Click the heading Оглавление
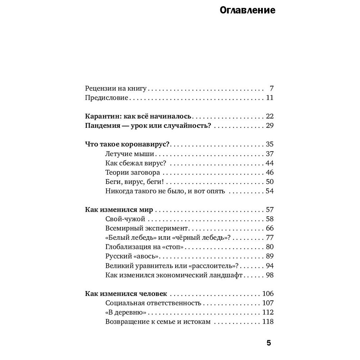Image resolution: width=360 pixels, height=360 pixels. (247, 10)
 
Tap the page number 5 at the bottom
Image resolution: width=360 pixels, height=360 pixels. (269, 343)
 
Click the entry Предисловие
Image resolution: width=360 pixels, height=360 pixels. (107, 98)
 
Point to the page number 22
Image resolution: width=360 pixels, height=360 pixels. (270, 116)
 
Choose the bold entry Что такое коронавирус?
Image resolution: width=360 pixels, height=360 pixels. (127, 144)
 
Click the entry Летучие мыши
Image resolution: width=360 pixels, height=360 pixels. (130, 154)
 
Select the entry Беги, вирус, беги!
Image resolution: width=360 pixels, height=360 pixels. (135, 182)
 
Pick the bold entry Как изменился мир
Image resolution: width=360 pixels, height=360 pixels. (119, 210)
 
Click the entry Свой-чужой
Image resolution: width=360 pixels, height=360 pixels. (125, 219)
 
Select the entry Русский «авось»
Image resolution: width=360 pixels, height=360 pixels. (132, 256)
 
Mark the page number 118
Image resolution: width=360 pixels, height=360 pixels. (268, 321)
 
